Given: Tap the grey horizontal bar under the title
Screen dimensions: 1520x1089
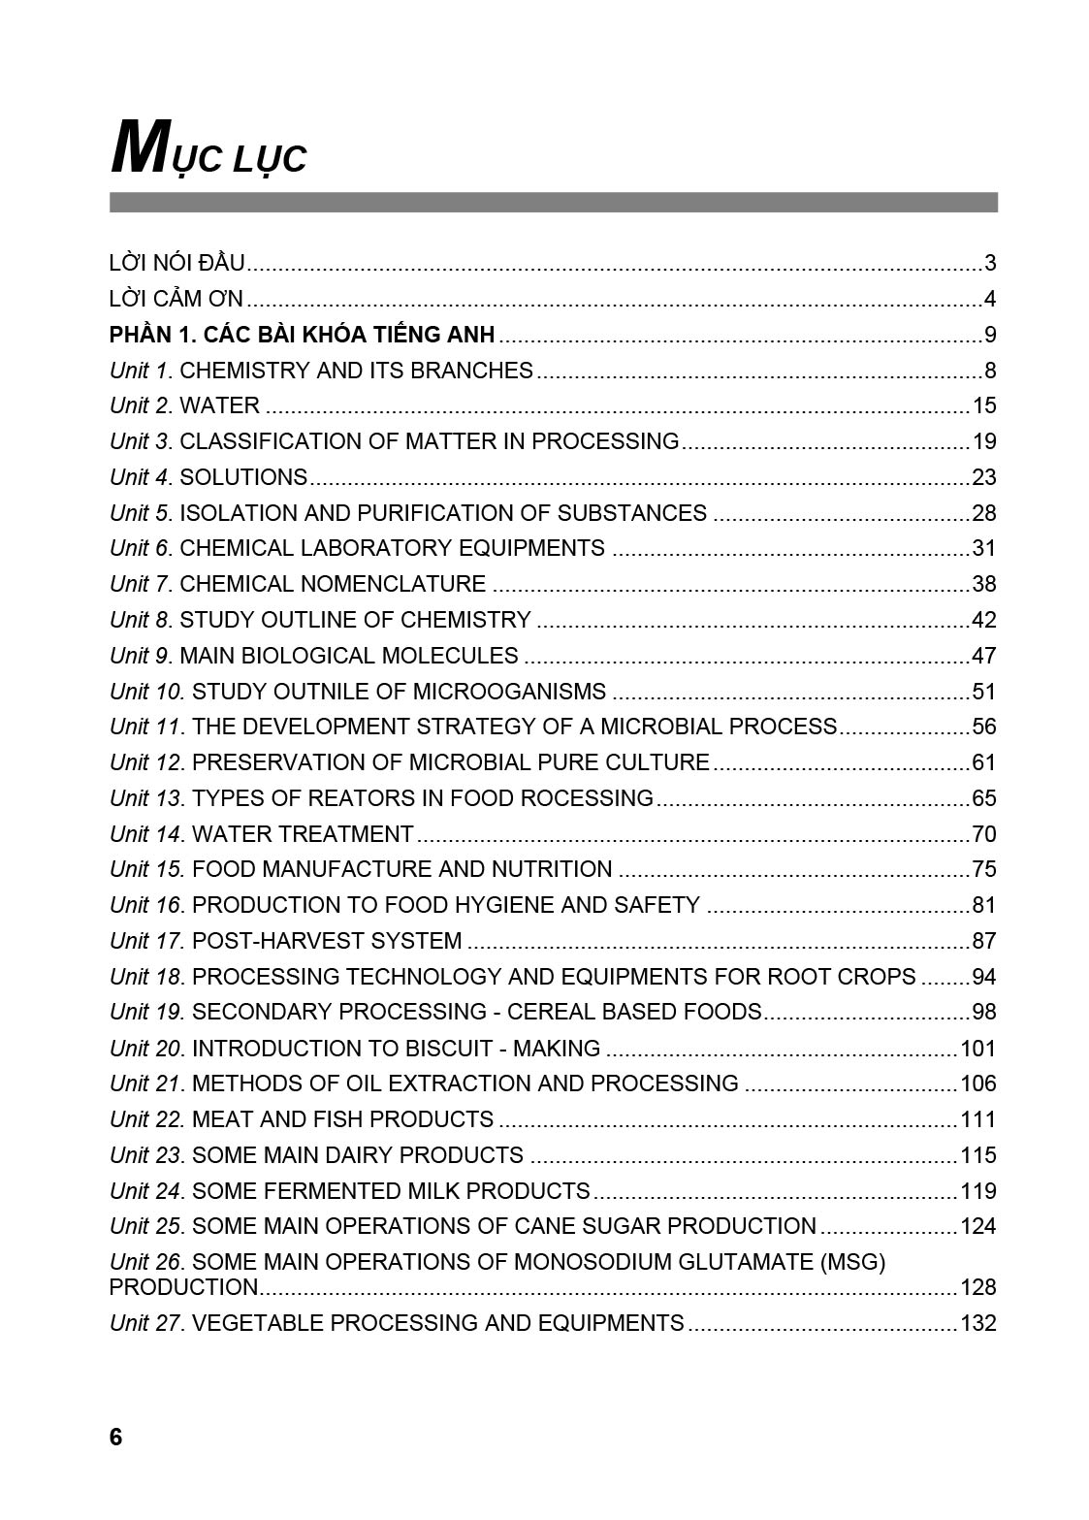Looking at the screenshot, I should [x=553, y=202].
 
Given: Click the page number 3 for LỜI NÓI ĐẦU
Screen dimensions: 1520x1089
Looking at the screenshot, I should [x=989, y=263].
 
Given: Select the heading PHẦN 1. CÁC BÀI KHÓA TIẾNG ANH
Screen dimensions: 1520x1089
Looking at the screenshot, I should [x=302, y=335].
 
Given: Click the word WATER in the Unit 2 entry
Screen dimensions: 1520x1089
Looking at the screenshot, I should [x=220, y=405].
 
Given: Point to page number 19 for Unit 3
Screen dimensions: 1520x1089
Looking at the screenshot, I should [x=983, y=441].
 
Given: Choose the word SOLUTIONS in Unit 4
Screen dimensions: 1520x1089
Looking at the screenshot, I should [x=243, y=477].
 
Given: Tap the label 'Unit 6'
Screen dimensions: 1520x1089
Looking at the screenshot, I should [x=141, y=548].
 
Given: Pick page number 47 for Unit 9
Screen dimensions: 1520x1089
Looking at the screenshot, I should [x=983, y=656].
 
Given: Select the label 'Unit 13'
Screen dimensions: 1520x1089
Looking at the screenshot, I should [x=145, y=798].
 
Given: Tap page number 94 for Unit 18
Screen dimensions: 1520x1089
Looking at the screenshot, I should [x=983, y=977].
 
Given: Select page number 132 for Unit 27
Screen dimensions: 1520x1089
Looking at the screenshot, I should [x=977, y=1323].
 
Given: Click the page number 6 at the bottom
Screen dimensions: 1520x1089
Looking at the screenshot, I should [x=116, y=1438].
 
